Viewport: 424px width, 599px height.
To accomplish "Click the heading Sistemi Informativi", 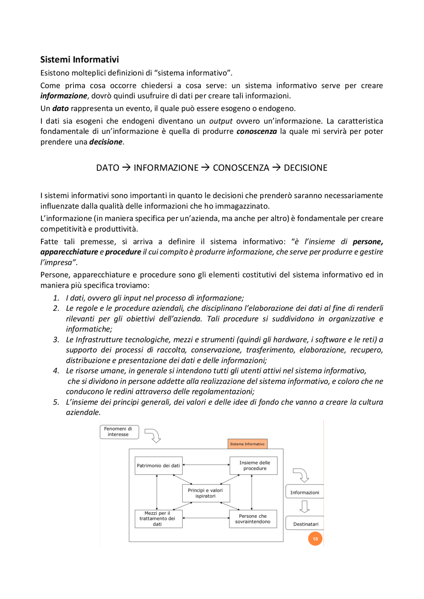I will click(x=79, y=60).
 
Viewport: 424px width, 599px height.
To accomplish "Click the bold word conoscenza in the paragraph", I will click(x=256, y=131).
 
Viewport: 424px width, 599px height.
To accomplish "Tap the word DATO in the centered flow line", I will click(x=108, y=168).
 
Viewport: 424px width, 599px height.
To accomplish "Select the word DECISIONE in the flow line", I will click(x=305, y=168).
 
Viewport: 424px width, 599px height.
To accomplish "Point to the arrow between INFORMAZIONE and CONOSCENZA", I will click(x=205, y=168).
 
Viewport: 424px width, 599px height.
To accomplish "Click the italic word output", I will click(x=221, y=121).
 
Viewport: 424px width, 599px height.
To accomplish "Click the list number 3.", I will click(x=56, y=340).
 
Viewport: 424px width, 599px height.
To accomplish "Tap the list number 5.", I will click(x=56, y=402).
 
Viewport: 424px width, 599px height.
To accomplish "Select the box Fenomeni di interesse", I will click(x=119, y=432).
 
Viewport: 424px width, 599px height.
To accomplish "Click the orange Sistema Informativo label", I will click(x=247, y=444).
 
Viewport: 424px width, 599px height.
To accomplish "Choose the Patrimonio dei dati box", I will click(x=158, y=466).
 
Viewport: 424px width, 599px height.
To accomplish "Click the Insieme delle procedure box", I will click(x=254, y=466).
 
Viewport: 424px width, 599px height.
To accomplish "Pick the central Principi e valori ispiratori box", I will click(x=206, y=493).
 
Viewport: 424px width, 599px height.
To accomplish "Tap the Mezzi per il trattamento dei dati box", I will click(x=158, y=519).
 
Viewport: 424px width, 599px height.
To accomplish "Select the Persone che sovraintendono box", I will click(x=253, y=519).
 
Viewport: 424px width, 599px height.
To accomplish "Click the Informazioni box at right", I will click(x=304, y=492).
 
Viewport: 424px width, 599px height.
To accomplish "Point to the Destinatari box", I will click(x=305, y=524).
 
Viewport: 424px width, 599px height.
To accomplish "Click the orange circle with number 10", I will click(x=315, y=539).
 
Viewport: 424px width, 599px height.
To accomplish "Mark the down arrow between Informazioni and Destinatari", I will click(x=304, y=506).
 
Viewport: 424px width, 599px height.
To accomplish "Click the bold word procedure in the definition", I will click(x=123, y=252).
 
